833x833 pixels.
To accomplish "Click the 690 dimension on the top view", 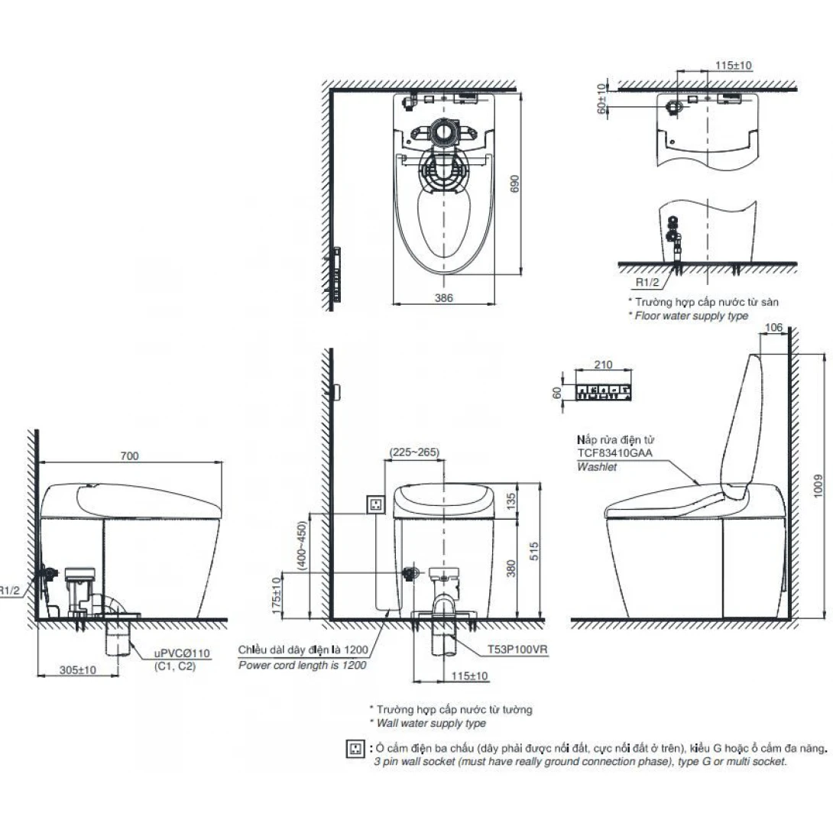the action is pos(514,184).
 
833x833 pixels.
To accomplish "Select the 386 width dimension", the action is pos(443,297).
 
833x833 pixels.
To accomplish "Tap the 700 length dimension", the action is pos(130,455).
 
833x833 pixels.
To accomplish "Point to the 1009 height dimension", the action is pos(818,486).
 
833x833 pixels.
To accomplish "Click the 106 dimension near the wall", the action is pos(773,328).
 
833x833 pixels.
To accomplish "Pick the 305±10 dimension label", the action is pos(77,670).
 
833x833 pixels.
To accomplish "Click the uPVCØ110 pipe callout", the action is pos(182,653).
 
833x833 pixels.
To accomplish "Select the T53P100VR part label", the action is pos(517,649).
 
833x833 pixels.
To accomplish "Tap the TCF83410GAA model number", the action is pos(614,453).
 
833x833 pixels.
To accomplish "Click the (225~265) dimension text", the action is pos(414,452).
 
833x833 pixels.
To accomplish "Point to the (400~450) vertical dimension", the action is pos(302,546).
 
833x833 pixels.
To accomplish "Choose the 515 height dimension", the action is pos(534,550).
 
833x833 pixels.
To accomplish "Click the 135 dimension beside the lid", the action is pos(510,501).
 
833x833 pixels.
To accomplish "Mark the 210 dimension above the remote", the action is pos(604,365).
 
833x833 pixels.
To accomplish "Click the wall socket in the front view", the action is pos(376,504).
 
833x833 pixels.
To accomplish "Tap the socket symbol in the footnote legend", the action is pos(355,748).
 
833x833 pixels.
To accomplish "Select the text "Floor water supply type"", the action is pos(691,316).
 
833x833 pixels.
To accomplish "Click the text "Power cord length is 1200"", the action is pos(303,665).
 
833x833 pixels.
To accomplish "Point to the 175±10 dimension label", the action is pos(276,596).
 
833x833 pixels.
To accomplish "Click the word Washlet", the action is pos(597,467).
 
